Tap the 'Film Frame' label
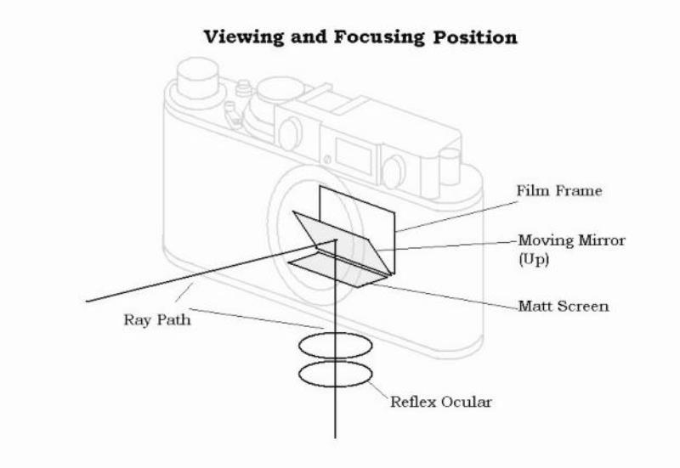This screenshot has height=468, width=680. tap(558, 191)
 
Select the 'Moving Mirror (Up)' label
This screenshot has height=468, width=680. tap(571, 241)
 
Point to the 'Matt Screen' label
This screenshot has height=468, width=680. tap(563, 306)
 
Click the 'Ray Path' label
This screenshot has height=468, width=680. tap(156, 321)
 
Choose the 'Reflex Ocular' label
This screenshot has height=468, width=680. tap(440, 401)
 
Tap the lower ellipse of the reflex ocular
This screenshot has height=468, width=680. tap(337, 374)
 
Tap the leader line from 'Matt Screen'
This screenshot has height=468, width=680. tap(450, 294)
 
